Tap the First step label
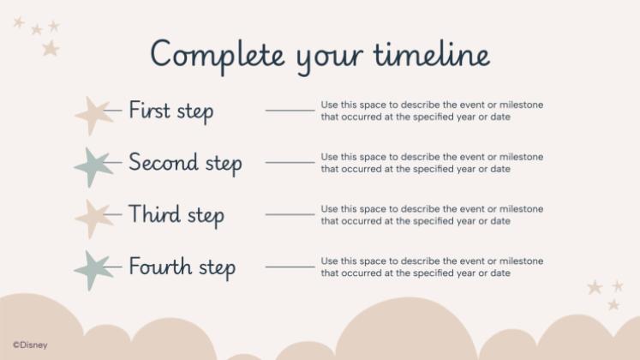(x=171, y=111)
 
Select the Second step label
(x=185, y=163)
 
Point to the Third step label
(x=176, y=214)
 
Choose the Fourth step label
(x=182, y=267)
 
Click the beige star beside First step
(x=94, y=113)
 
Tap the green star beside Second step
(x=94, y=165)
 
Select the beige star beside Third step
(x=94, y=217)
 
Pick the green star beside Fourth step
(x=94, y=269)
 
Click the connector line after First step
(x=290, y=111)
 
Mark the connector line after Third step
(x=290, y=214)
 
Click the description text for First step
(x=431, y=111)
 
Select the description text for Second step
(x=431, y=163)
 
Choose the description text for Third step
(x=431, y=214)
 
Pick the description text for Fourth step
(x=431, y=267)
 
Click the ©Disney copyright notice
(x=30, y=345)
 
